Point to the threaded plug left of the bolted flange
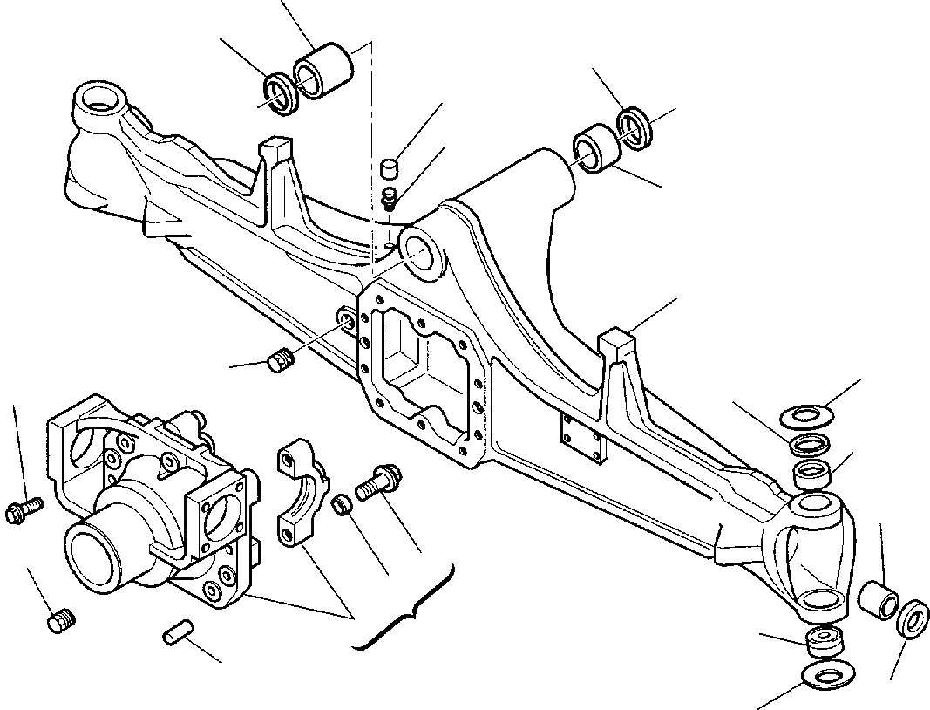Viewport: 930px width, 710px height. [x=279, y=360]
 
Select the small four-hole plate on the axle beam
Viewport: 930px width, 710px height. [x=582, y=439]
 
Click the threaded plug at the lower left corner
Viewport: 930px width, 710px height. [x=60, y=623]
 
